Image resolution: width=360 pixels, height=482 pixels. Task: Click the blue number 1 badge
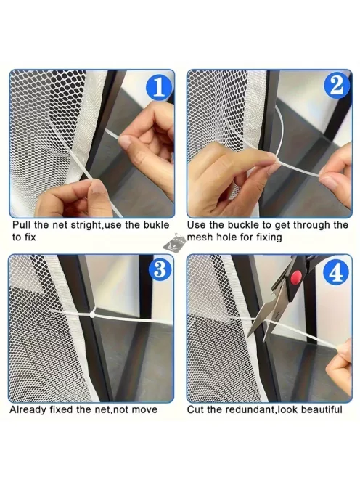(x=159, y=88)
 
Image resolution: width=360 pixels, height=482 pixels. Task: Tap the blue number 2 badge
(x=337, y=86)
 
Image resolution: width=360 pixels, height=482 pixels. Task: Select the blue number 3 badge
(x=160, y=269)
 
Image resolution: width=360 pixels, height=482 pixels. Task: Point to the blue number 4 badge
(x=336, y=272)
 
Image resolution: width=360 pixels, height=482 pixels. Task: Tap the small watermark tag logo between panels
(x=174, y=242)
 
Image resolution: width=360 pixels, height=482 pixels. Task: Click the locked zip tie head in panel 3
(x=92, y=314)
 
